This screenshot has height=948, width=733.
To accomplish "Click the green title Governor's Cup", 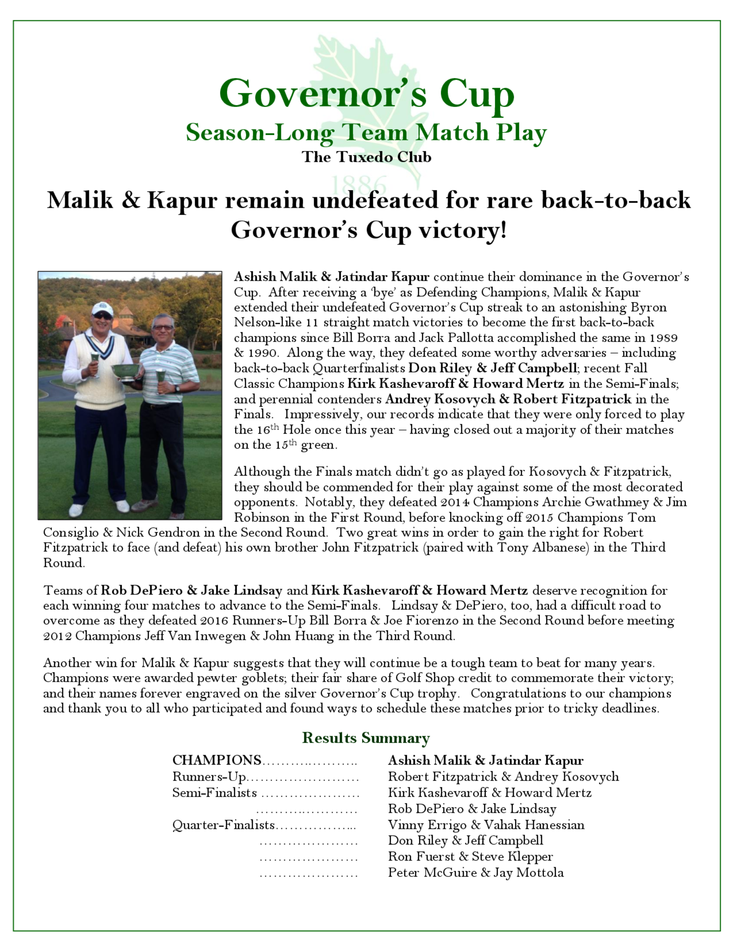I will pos(366,94).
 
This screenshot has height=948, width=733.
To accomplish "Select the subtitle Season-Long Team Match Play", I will pos(366,132).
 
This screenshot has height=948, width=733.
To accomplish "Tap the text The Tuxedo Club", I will pos(366,157).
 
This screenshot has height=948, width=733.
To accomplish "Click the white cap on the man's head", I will pos(103,309).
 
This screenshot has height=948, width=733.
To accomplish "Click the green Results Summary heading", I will pos(366,738).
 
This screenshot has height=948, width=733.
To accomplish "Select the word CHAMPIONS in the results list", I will pos(217,760).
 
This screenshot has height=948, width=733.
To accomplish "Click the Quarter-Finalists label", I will pos(224,824).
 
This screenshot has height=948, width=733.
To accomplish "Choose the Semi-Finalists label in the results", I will pos(214,792).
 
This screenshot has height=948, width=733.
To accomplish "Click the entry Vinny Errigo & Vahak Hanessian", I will pos(486,824).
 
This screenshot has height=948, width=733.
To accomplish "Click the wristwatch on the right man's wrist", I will pos(177,389).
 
